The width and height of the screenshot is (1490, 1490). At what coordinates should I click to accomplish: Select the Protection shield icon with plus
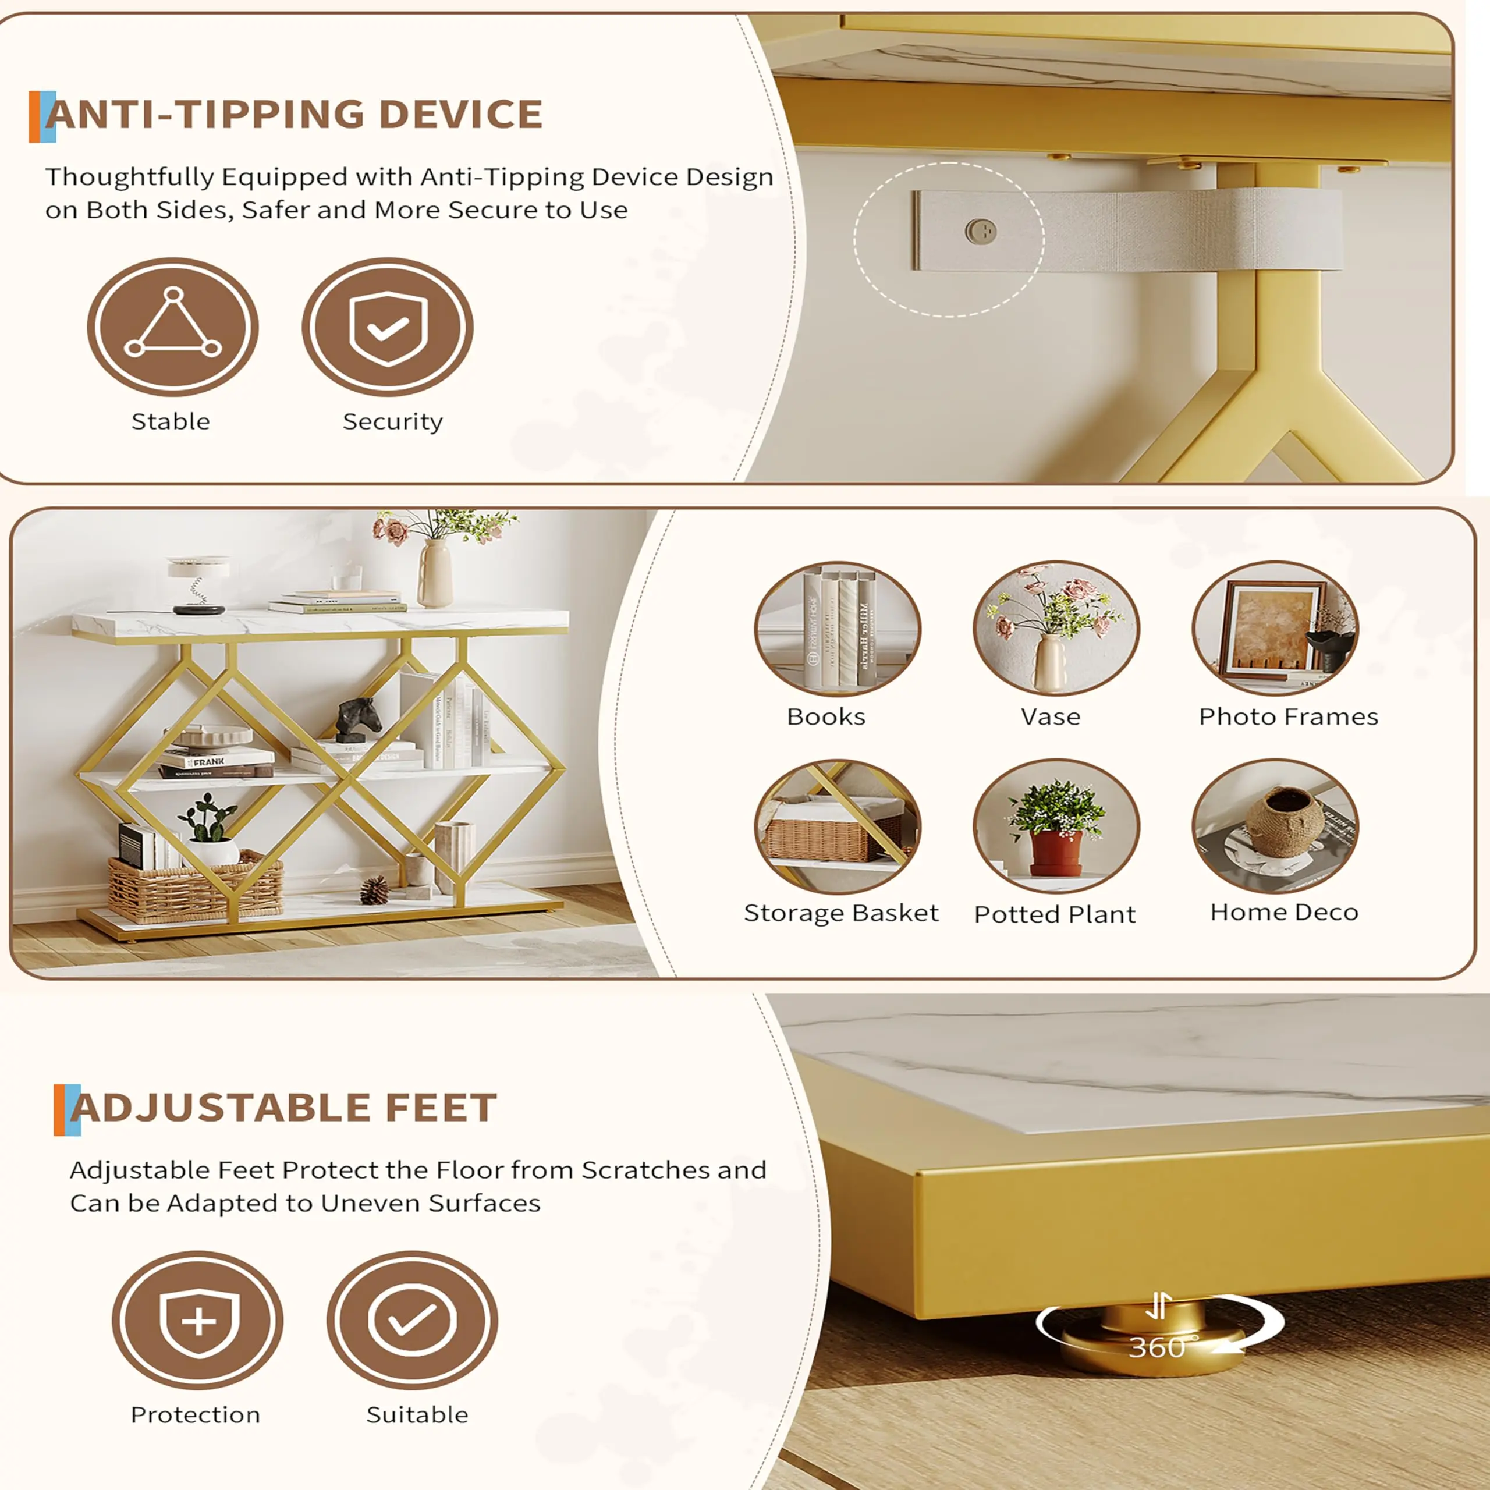tap(197, 1320)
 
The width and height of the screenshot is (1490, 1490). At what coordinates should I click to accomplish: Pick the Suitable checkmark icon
tap(412, 1320)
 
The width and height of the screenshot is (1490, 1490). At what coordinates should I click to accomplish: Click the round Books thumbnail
tap(838, 629)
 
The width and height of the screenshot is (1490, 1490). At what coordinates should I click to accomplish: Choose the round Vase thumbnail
tap(1056, 629)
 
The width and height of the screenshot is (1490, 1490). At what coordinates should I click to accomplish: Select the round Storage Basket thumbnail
tap(838, 826)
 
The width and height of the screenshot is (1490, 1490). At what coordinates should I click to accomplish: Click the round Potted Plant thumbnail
tap(1056, 826)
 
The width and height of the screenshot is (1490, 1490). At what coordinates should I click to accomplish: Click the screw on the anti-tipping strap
tap(981, 230)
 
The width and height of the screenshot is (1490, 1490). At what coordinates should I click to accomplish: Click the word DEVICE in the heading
tap(460, 114)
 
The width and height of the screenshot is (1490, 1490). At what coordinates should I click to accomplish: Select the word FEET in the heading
tap(441, 1108)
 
